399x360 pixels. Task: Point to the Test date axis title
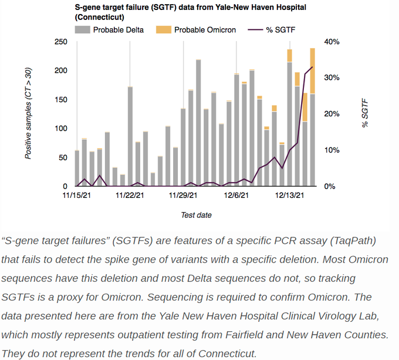[x=196, y=215]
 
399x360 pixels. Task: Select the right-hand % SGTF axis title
[x=366, y=113]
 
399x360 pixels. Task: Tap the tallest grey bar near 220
[x=198, y=123]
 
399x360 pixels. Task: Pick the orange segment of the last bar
[x=313, y=70]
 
